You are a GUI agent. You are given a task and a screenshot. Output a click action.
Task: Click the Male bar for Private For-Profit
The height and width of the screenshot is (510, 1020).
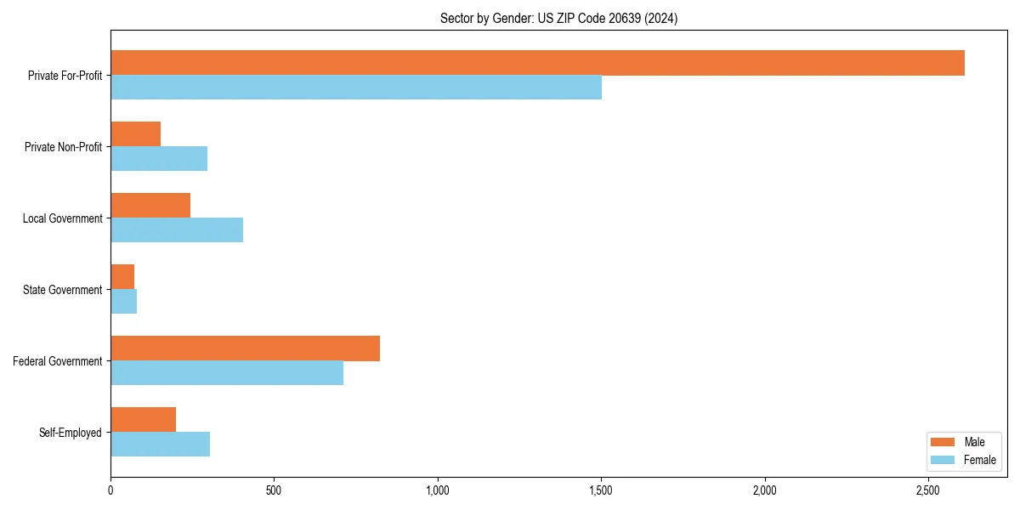(537, 63)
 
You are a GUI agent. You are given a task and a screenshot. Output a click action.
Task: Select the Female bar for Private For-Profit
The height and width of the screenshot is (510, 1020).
(356, 88)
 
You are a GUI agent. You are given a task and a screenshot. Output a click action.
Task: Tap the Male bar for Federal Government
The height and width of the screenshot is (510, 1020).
(245, 348)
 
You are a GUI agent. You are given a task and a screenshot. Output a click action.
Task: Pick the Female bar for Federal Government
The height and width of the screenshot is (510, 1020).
(227, 373)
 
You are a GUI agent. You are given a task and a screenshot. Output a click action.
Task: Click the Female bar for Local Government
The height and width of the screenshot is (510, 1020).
(177, 230)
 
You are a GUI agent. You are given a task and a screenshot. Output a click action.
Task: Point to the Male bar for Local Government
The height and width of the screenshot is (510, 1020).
(150, 206)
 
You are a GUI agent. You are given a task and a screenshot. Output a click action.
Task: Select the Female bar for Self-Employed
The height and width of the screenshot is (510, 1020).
(160, 445)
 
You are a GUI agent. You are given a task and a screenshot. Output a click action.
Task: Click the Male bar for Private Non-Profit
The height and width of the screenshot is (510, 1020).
(135, 134)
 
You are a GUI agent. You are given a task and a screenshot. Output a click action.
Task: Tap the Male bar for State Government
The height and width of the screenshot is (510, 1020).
(122, 277)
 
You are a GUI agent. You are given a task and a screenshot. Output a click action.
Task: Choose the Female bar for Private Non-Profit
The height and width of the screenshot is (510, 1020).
(159, 159)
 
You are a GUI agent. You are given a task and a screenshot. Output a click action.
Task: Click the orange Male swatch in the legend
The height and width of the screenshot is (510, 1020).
(943, 442)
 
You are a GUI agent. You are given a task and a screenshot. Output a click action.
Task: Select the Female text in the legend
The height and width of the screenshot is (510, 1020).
(980, 460)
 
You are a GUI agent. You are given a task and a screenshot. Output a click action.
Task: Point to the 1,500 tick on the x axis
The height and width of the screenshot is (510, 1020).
(601, 490)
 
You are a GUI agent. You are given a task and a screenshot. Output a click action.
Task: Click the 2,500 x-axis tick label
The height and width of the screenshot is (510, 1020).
(928, 490)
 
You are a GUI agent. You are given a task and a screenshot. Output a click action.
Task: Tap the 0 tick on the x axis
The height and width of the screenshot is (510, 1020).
(110, 490)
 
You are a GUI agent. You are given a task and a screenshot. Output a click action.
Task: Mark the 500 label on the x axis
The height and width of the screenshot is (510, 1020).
(274, 490)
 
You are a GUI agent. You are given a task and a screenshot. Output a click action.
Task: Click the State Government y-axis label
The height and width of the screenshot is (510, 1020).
(62, 290)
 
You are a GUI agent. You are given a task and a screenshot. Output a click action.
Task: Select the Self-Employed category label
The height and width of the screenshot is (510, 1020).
(70, 433)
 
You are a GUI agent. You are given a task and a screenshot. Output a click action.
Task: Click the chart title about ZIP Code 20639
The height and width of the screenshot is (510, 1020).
(558, 18)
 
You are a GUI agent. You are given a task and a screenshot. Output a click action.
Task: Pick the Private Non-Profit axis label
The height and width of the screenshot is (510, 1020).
(63, 147)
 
